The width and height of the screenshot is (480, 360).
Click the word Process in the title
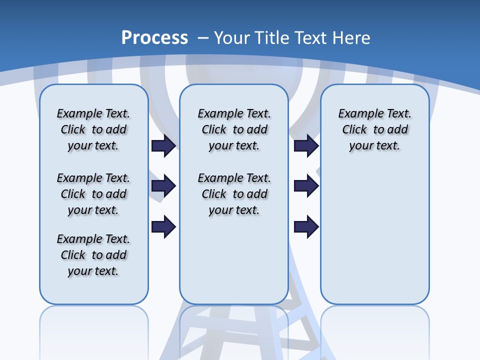click(x=154, y=38)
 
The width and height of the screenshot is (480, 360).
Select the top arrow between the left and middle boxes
click(x=163, y=146)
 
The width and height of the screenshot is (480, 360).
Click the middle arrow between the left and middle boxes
click(x=163, y=186)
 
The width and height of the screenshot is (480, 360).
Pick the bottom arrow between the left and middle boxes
click(x=163, y=227)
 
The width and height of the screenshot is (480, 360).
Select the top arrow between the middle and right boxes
click(x=306, y=146)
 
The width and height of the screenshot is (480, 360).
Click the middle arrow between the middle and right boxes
click(x=306, y=186)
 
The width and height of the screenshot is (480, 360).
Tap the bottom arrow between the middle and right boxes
click(x=306, y=227)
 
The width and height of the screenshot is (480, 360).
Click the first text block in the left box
click(x=93, y=129)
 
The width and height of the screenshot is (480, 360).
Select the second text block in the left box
click(x=93, y=194)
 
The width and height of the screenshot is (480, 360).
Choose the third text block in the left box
click(x=93, y=255)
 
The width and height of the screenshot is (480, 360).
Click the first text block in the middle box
click(x=234, y=129)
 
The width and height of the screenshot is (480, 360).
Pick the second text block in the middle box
click(x=234, y=194)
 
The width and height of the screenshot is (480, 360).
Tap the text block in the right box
click(x=375, y=129)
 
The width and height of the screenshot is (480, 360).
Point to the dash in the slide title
click(x=203, y=38)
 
